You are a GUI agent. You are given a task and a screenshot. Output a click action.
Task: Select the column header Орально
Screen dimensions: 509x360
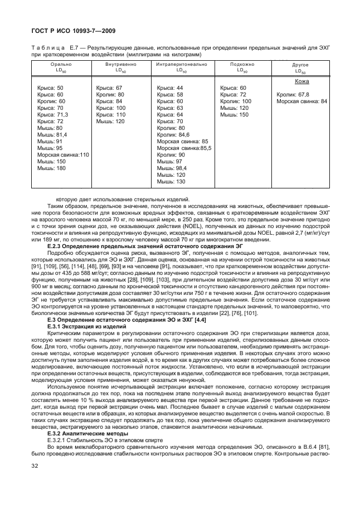[60, 65]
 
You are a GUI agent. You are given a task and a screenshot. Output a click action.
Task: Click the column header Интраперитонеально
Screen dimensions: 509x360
[182, 65]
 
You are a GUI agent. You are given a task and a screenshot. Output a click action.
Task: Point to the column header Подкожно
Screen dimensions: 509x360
[242, 65]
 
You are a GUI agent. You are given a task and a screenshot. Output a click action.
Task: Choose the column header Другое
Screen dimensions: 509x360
[300, 65]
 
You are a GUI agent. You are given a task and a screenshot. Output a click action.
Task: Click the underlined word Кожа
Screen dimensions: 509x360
[301, 81]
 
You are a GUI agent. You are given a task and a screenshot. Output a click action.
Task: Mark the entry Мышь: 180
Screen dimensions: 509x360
[51, 168]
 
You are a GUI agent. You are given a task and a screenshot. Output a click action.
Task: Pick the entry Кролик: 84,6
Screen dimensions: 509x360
[173, 134]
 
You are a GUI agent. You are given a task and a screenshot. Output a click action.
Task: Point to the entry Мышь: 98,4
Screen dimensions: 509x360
[172, 168]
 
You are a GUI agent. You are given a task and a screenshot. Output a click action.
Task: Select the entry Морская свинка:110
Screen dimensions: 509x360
[63, 154]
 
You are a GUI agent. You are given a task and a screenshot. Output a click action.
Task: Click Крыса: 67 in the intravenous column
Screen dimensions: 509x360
[109, 88]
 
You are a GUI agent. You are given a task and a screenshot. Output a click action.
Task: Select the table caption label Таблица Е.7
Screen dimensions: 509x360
[51, 49]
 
